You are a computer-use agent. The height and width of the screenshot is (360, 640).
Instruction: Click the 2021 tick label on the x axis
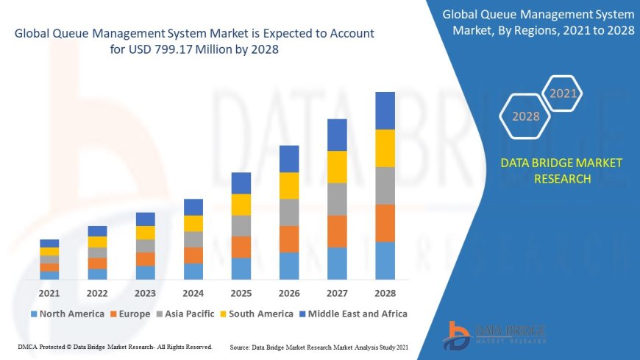point(49,292)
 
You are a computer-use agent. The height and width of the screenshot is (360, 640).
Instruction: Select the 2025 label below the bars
point(241,292)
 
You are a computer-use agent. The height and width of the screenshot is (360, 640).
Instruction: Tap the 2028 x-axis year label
point(385,292)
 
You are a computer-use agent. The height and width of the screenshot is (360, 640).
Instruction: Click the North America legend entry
point(67,314)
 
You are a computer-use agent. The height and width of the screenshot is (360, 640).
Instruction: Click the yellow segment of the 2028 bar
point(385,148)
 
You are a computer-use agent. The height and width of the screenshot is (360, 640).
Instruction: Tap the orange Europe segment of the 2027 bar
point(337,231)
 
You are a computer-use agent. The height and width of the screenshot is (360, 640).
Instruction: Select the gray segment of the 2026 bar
point(289,212)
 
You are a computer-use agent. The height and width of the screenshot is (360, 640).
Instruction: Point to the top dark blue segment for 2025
point(241,183)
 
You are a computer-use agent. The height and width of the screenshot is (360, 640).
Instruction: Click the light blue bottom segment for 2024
point(193,271)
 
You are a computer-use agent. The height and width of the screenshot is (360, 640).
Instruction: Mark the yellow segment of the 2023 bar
point(146,233)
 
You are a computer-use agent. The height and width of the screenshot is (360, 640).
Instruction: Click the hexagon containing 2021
point(563,93)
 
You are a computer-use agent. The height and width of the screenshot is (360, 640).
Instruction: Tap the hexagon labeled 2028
point(525,116)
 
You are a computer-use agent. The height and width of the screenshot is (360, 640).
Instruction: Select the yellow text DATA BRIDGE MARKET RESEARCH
point(561,170)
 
